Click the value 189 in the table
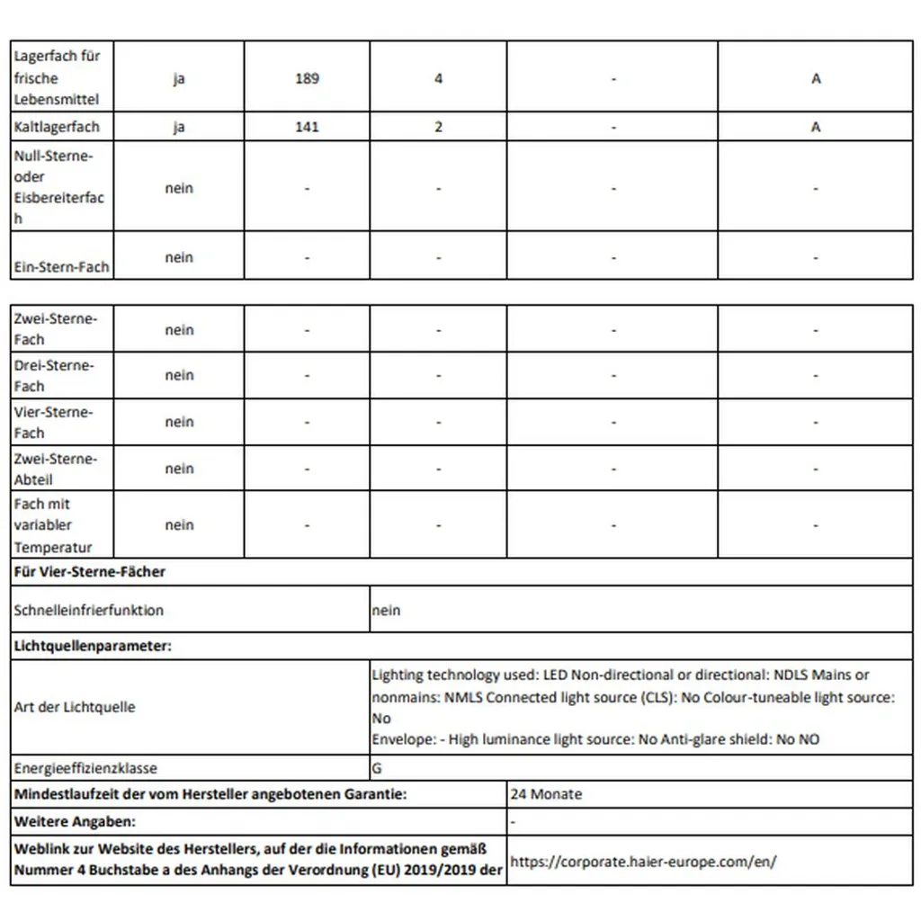(307, 78)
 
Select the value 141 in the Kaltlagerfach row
(307, 127)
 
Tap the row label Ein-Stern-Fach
(61, 266)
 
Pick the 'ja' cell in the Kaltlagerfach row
(179, 127)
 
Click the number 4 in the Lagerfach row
(438, 78)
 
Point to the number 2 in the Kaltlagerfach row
(438, 127)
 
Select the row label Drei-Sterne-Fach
(54, 375)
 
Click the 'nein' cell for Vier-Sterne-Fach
(179, 422)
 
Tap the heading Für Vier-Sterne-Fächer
(90, 571)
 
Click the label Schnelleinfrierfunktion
(89, 610)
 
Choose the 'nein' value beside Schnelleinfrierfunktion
(386, 611)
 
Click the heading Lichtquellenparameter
(93, 646)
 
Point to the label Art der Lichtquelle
(75, 707)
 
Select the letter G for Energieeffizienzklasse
(376, 769)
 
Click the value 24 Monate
(546, 794)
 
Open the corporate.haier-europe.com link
(643, 861)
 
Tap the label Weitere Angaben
(75, 821)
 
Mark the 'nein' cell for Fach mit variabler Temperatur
(179, 525)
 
